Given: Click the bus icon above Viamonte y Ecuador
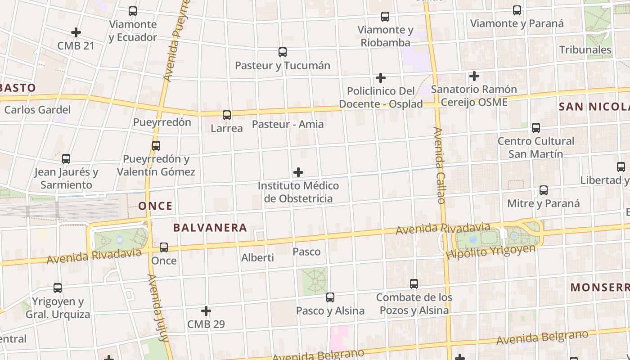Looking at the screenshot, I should point(132,11).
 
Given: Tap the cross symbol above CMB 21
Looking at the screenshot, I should point(76,32).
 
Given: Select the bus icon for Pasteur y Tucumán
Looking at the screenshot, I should point(282,52).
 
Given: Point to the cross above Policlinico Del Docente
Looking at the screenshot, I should point(381,78).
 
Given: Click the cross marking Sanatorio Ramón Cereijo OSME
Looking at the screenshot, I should point(474,76).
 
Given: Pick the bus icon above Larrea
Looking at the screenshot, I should point(227,115).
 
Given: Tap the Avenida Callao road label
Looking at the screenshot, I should point(439,165).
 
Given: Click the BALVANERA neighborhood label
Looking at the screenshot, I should point(210,228).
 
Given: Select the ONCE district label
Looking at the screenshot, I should point(155,206).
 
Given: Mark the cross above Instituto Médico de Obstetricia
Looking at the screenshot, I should point(298,172).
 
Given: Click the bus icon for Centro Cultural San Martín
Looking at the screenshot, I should point(535,128).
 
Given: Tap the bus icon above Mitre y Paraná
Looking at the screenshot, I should point(543,190).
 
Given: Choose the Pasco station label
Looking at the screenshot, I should point(306,252).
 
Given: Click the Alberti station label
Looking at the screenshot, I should point(257,258).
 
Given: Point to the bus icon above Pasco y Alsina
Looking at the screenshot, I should point(330,297).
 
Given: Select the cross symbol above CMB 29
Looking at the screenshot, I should point(206,311).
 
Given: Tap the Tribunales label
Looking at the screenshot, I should point(585,49).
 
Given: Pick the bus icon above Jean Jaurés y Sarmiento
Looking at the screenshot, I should point(66,159).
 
